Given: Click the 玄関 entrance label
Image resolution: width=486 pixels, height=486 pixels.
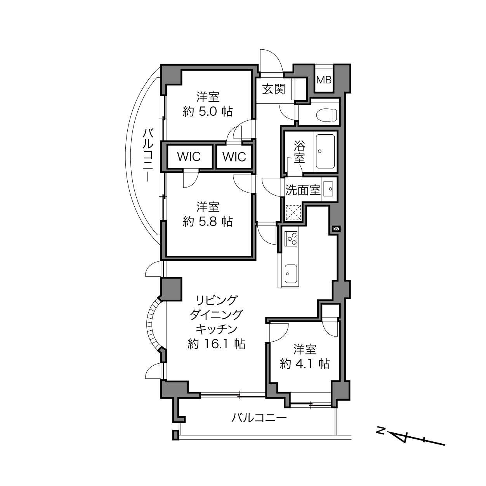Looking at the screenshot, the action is [x=274, y=89].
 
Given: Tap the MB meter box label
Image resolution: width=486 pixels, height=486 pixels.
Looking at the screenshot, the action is [x=324, y=80].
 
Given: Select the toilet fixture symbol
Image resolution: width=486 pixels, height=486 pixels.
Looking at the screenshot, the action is [x=326, y=115].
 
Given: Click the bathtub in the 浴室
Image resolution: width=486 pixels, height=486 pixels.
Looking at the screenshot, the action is [x=325, y=151].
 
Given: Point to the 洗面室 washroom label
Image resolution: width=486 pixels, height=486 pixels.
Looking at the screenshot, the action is [x=303, y=190].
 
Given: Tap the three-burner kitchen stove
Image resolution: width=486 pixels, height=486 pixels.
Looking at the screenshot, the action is [x=291, y=239].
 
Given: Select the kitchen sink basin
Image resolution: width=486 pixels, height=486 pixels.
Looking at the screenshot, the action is [x=291, y=274].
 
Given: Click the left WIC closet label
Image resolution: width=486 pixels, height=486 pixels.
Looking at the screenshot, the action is [x=189, y=156].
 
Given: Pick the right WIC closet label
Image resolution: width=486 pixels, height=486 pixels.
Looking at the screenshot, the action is [x=234, y=157].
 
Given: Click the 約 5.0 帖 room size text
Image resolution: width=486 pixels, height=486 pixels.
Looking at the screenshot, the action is [x=208, y=111].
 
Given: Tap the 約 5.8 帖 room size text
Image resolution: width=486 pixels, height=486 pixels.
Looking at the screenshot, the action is [x=208, y=221].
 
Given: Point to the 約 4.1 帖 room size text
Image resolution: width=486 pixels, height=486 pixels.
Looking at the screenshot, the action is [x=305, y=364].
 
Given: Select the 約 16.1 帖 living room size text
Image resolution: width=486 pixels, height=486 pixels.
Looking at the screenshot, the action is [x=216, y=344].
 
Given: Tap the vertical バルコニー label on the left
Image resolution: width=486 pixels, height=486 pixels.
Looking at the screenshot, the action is [x=148, y=155].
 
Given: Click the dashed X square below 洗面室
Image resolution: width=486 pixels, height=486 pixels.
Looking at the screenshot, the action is [x=293, y=213].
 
